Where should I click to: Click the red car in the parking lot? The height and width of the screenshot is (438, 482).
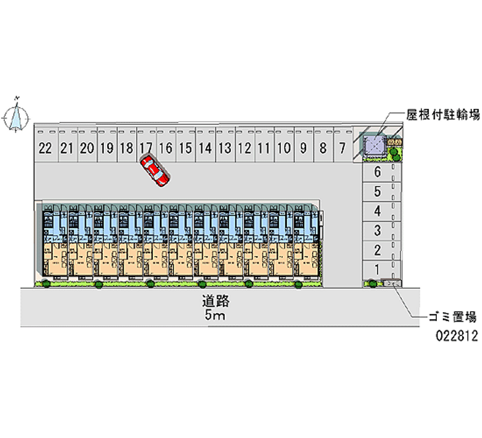point(155,171)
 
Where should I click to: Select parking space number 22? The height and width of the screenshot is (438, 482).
point(45,148)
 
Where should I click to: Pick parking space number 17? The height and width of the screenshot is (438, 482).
point(146,148)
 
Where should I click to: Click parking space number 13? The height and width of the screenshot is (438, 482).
point(225,148)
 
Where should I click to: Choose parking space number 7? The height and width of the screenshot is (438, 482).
point(342,148)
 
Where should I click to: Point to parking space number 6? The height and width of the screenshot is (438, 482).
point(377,172)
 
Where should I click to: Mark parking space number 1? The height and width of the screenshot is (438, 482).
point(377,269)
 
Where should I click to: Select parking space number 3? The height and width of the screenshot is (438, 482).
point(377,230)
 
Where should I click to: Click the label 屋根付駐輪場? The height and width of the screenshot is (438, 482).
point(443,114)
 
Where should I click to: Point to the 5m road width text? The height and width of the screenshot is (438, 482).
point(215,316)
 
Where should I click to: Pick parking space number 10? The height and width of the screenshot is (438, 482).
point(283,148)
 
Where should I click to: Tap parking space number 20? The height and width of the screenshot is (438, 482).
point(87,148)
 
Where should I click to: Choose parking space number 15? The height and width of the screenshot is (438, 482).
point(186,148)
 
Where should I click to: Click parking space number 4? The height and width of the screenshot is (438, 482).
point(377,211)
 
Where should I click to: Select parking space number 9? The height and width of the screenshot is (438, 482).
point(303,148)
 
